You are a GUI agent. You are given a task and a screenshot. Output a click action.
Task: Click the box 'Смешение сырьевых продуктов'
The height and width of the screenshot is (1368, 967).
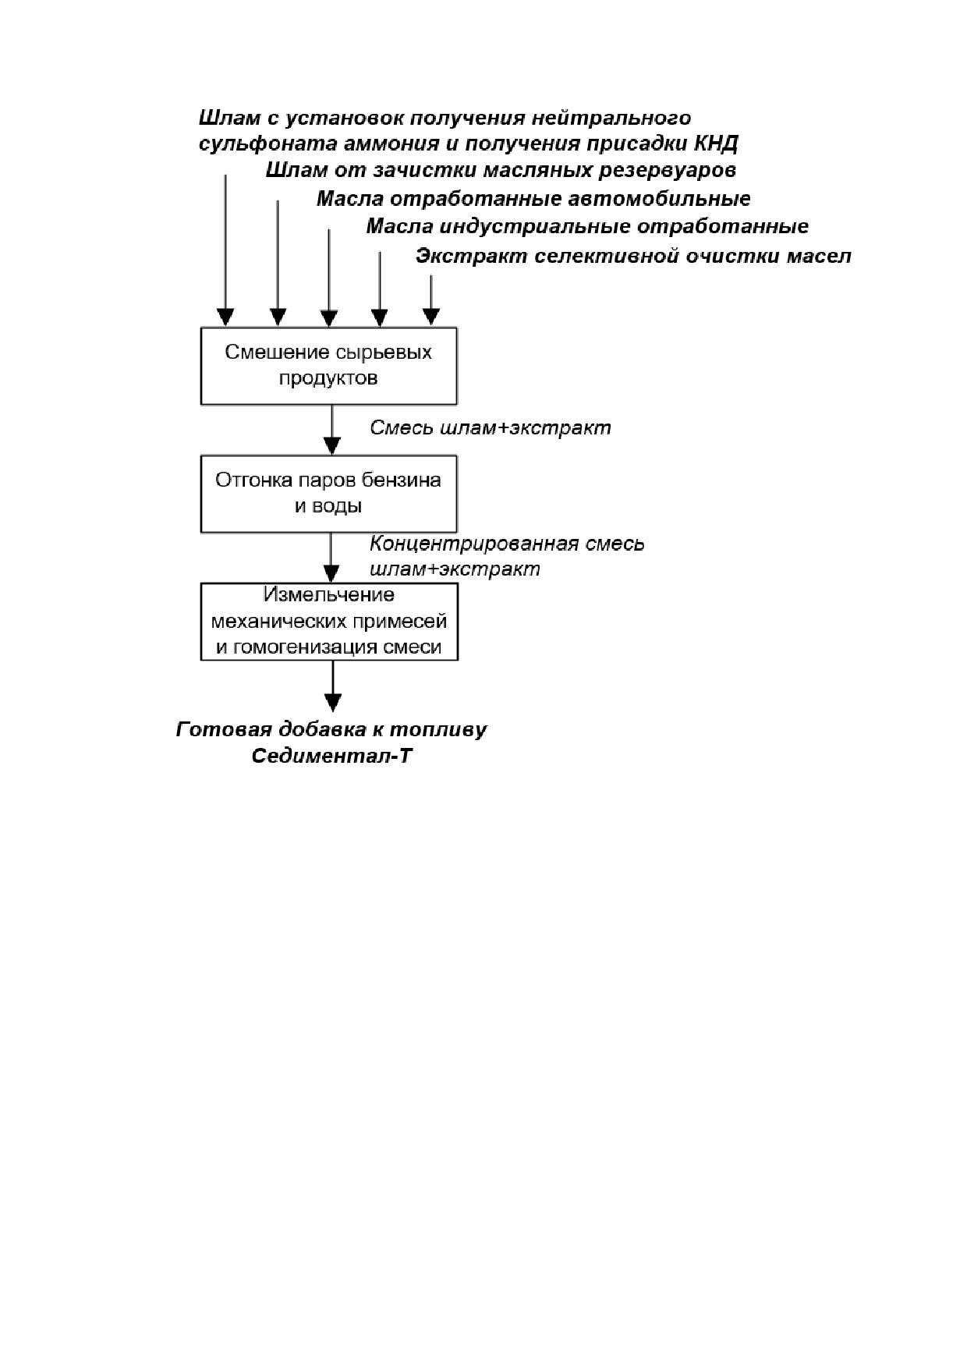point(328,366)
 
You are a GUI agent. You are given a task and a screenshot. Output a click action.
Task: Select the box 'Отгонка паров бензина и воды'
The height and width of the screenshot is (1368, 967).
point(328,494)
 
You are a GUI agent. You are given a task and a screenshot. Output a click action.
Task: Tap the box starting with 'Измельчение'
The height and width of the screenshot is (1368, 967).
point(328,622)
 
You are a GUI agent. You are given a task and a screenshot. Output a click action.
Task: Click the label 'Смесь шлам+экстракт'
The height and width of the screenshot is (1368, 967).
point(490,428)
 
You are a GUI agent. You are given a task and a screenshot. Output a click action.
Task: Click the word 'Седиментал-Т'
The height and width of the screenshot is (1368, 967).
point(331,757)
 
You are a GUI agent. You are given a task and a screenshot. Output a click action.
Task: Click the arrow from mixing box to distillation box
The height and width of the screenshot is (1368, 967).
point(332,430)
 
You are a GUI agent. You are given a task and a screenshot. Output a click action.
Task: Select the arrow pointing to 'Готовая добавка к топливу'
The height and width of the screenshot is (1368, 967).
point(333,686)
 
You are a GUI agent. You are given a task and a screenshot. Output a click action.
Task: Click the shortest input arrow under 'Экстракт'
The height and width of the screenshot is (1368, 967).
point(430,299)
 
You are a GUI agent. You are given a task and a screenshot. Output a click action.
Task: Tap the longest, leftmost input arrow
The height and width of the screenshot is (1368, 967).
point(225,250)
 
